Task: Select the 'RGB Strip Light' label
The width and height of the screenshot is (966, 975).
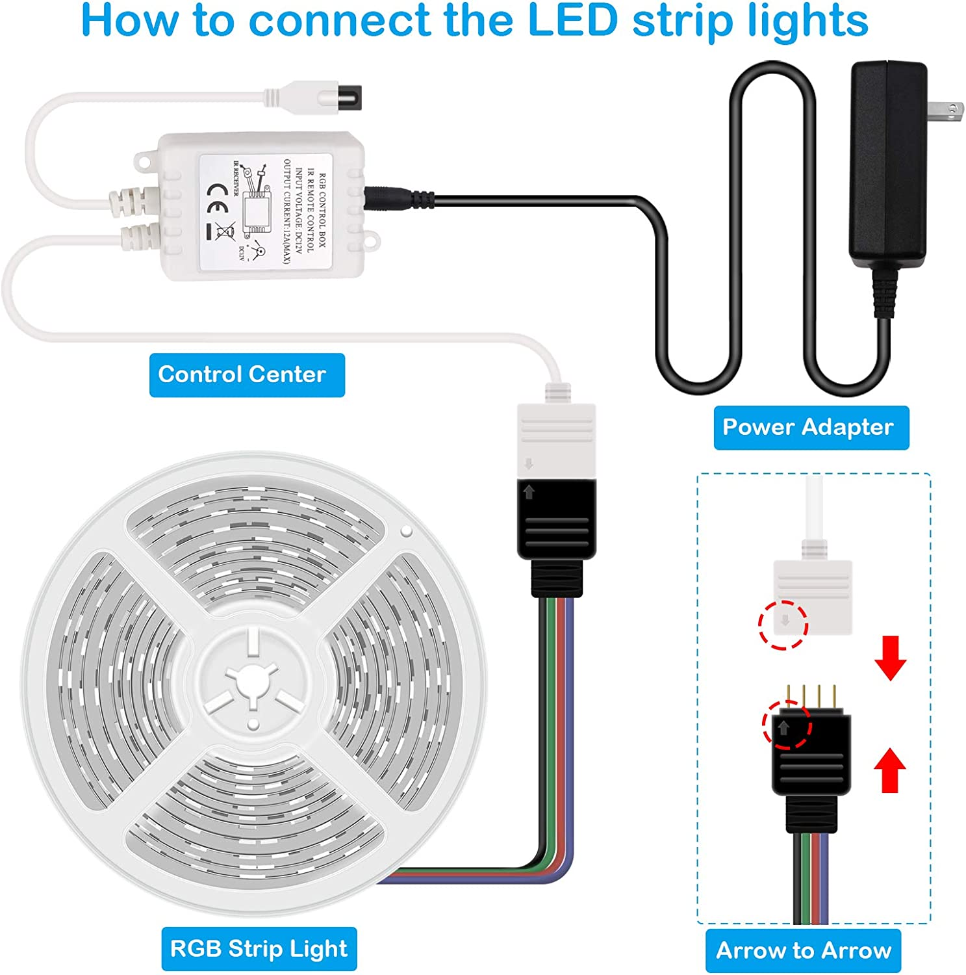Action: click(259, 948)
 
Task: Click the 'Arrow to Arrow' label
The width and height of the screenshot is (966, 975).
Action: click(803, 950)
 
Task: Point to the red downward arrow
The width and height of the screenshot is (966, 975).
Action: click(890, 658)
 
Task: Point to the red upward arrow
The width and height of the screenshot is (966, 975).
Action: click(890, 770)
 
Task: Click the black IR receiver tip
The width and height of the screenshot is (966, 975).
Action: click(355, 101)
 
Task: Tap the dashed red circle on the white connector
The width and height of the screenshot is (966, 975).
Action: click(783, 624)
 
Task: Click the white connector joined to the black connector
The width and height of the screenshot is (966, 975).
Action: click(556, 437)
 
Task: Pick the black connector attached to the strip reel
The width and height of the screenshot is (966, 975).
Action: click(556, 520)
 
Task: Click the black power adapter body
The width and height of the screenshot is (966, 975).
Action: click(887, 162)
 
